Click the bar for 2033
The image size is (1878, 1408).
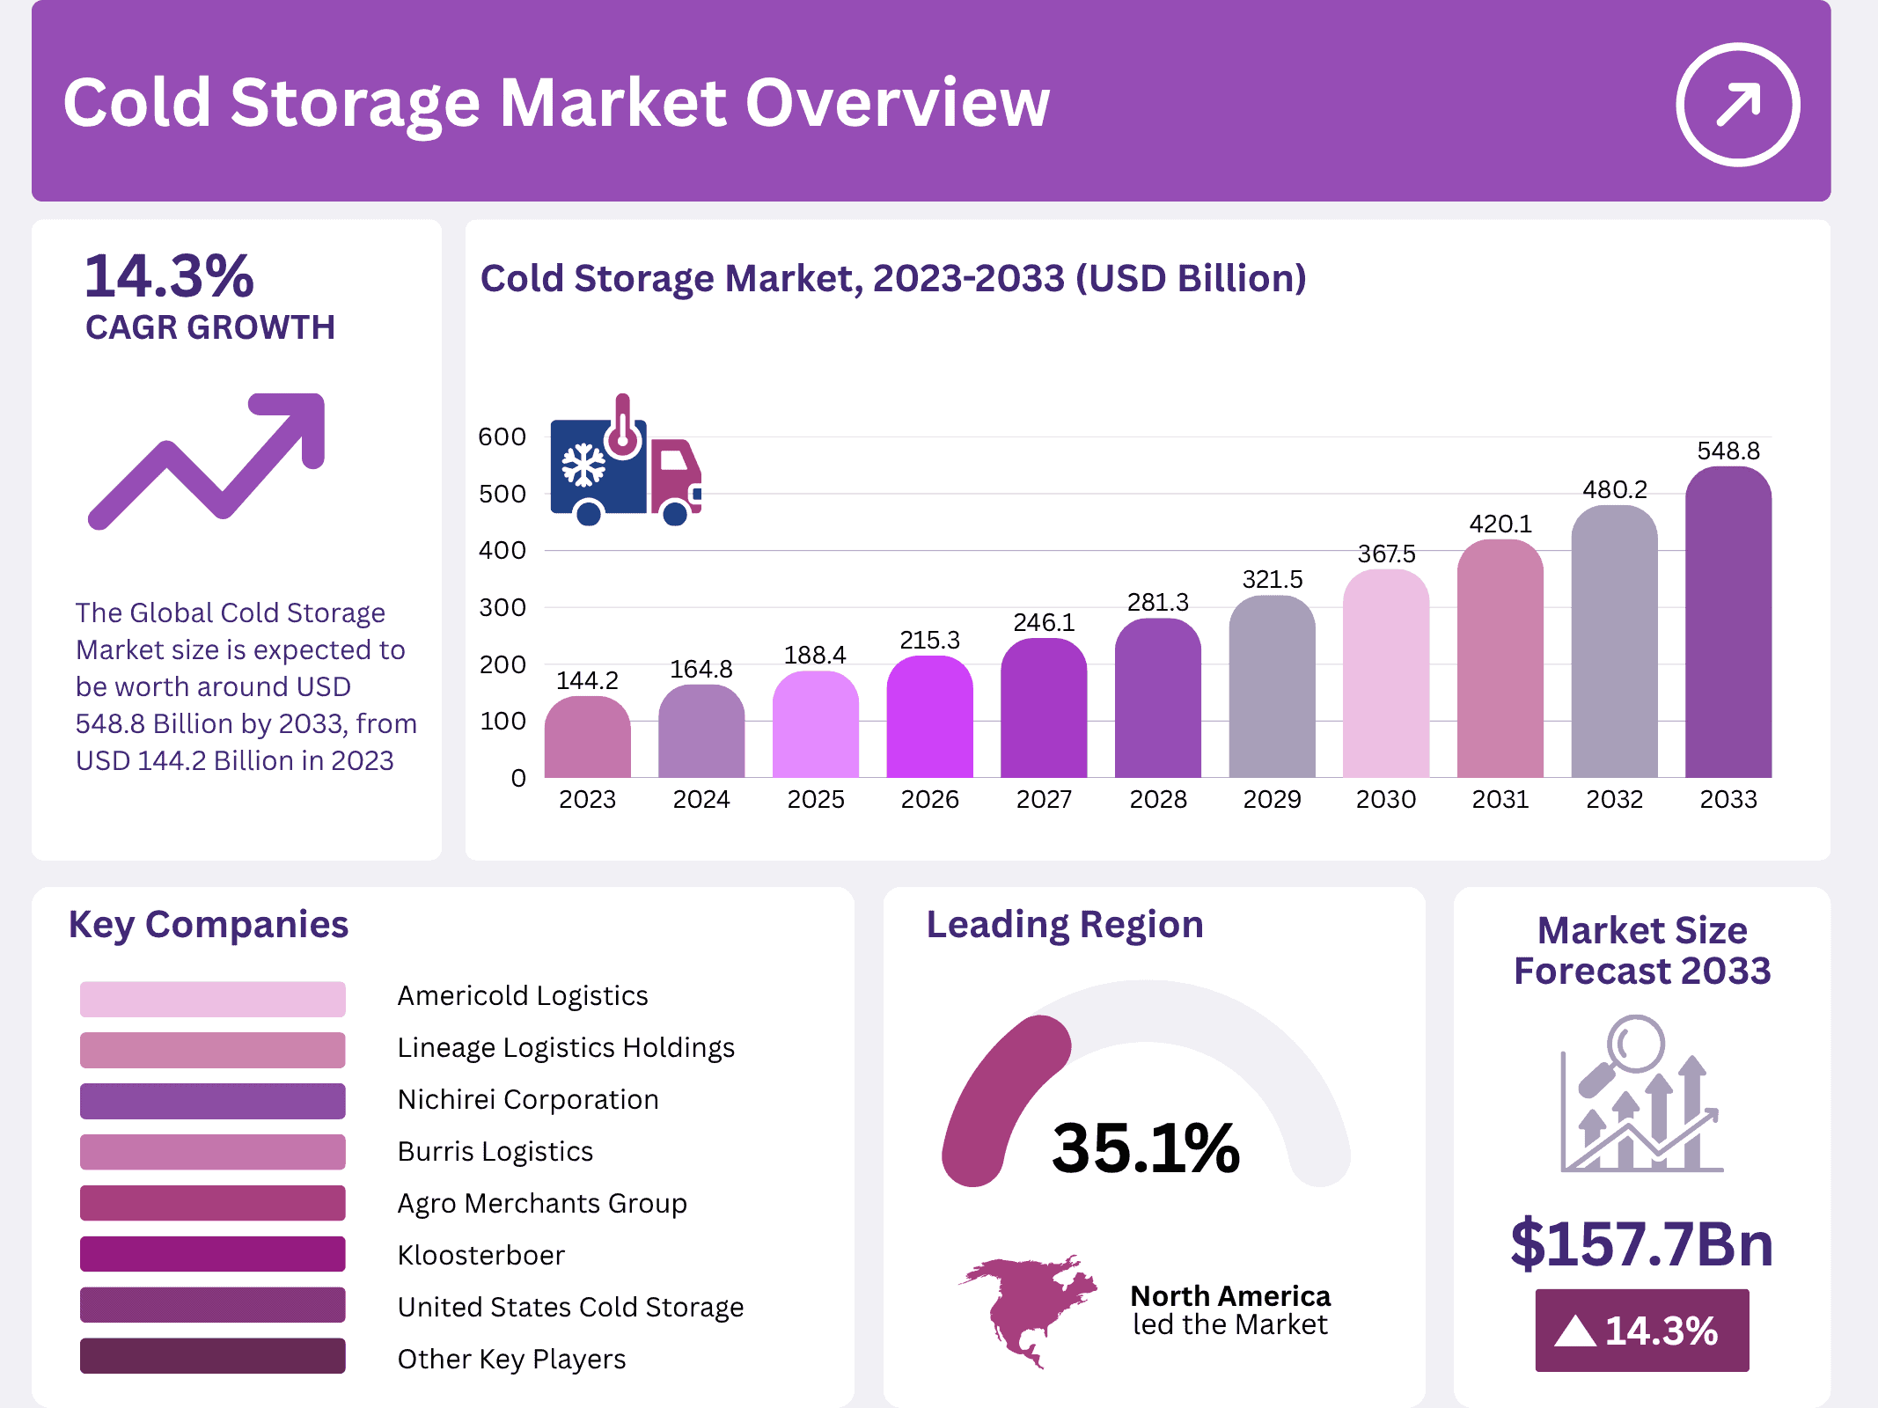[1728, 625]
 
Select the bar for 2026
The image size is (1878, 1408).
[929, 717]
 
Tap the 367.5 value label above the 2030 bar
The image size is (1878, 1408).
[1386, 554]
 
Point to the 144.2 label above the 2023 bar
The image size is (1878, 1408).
[587, 680]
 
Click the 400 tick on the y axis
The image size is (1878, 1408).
[502, 551]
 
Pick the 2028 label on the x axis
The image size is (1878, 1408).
[1158, 799]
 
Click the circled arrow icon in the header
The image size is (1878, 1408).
[1737, 105]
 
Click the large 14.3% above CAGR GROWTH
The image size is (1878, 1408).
[169, 276]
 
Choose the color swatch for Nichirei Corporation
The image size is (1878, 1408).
[212, 1101]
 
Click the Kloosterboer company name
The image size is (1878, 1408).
[481, 1255]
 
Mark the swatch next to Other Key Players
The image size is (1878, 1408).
[212, 1356]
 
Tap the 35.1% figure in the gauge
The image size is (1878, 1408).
[1145, 1148]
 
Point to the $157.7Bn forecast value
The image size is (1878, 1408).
[1641, 1243]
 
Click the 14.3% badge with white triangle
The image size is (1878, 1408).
[1641, 1331]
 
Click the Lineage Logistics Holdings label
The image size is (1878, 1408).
[565, 1047]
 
